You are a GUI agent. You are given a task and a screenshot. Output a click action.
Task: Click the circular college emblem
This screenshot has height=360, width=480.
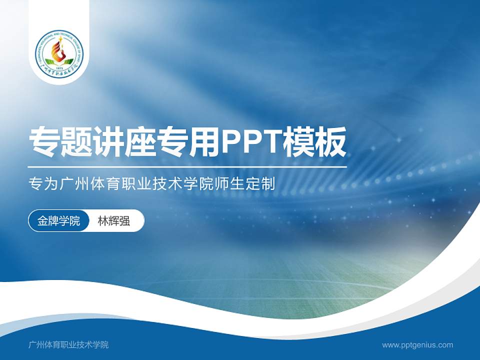point(59,53)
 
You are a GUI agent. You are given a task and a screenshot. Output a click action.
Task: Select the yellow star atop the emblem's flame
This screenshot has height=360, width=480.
point(59,38)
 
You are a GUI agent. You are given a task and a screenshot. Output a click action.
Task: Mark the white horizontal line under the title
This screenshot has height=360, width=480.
point(187,167)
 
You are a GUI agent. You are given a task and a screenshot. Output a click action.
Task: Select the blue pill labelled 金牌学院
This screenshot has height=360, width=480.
point(58,221)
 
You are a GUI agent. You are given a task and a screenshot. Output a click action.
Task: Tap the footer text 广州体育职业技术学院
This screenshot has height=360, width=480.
point(68,344)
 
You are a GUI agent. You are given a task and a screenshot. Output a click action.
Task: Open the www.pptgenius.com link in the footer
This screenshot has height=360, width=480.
point(417,344)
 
